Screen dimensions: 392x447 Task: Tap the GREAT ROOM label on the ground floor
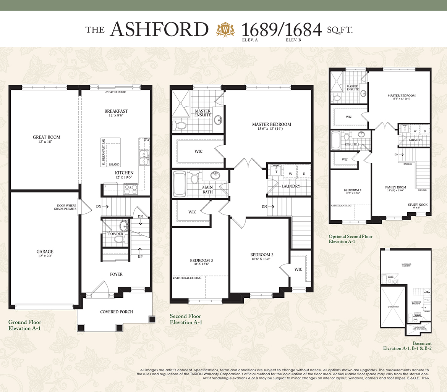(x=46, y=137)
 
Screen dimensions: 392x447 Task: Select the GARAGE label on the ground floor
(x=45, y=252)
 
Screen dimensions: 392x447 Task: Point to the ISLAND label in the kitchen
(x=114, y=165)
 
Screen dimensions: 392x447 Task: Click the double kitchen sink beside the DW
(x=144, y=157)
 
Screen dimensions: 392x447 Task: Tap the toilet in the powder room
(x=119, y=240)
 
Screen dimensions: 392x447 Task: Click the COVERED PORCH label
(x=117, y=312)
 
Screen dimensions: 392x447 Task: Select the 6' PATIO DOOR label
(x=115, y=92)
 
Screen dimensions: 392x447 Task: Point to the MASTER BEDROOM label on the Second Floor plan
(x=271, y=124)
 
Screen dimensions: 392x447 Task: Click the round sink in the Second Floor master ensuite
(x=218, y=120)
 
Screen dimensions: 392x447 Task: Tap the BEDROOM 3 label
(x=201, y=261)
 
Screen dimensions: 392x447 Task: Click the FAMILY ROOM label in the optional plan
(x=395, y=187)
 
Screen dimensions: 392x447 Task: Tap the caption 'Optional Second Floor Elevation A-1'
(x=350, y=239)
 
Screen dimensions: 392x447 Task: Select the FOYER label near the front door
(x=116, y=274)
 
